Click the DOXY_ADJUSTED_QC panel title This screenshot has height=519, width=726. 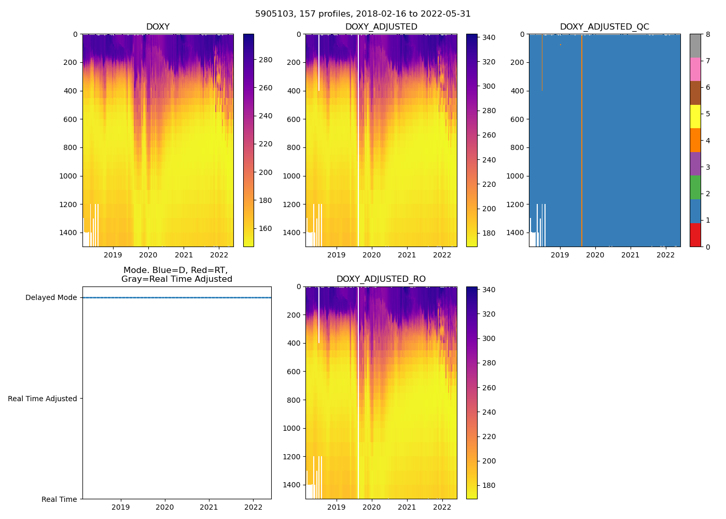(604, 27)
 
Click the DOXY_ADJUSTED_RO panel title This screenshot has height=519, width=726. (381, 279)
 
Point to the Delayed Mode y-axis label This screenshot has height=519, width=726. (51, 298)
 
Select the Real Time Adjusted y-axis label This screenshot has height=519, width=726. (43, 399)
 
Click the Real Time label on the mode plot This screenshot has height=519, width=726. (59, 499)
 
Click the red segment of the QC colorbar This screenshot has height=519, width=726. (695, 235)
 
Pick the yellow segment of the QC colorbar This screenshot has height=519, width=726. (695, 116)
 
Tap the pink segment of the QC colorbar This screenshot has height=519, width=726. (695, 69)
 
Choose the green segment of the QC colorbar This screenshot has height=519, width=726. (695, 187)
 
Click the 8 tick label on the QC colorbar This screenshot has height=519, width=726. (708, 34)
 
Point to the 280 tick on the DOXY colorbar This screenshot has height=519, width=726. (266, 60)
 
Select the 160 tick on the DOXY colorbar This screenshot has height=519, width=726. (266, 228)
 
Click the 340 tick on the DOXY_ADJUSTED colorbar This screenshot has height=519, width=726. (488, 37)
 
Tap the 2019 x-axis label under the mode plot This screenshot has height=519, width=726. (121, 507)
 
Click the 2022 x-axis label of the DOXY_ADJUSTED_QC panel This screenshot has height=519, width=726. (665, 255)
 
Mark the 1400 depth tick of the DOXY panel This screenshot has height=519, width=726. (69, 233)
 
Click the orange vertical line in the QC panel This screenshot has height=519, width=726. (582, 140)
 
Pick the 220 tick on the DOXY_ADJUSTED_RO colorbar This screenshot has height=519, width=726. (488, 436)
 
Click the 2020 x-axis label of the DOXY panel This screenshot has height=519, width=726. (148, 255)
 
